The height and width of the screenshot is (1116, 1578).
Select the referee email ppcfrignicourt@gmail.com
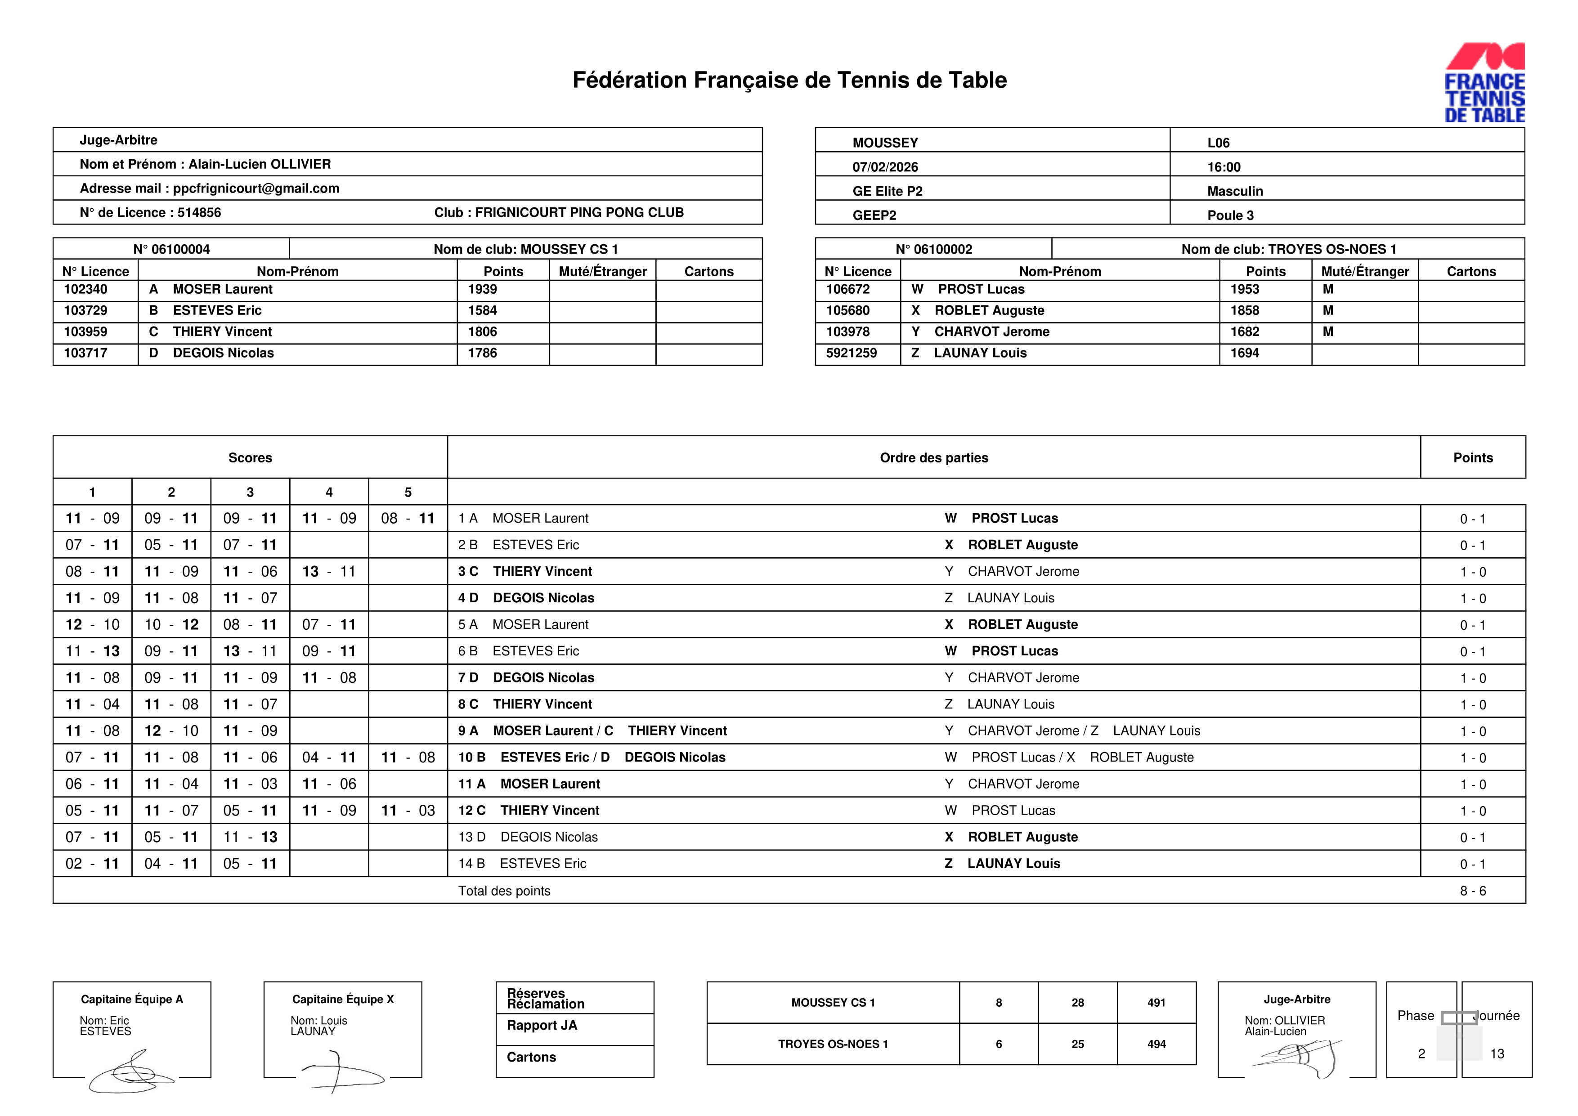[256, 188]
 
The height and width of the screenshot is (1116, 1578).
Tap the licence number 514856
[199, 212]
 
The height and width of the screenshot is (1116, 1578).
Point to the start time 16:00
[1224, 167]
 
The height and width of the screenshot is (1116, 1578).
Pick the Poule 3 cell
[1230, 215]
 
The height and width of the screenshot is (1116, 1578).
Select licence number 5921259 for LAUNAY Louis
[851, 353]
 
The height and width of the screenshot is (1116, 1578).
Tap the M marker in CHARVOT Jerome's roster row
[1328, 332]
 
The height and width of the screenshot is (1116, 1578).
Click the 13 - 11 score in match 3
[328, 572]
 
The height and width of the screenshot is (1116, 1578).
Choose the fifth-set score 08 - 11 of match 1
[408, 519]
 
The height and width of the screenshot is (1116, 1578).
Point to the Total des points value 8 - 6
[1473, 891]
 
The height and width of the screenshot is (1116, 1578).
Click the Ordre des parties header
[933, 457]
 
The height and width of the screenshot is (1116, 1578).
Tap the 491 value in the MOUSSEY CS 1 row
[1156, 1003]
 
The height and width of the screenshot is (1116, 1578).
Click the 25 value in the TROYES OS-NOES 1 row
[1077, 1044]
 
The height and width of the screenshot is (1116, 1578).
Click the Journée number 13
[1497, 1053]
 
